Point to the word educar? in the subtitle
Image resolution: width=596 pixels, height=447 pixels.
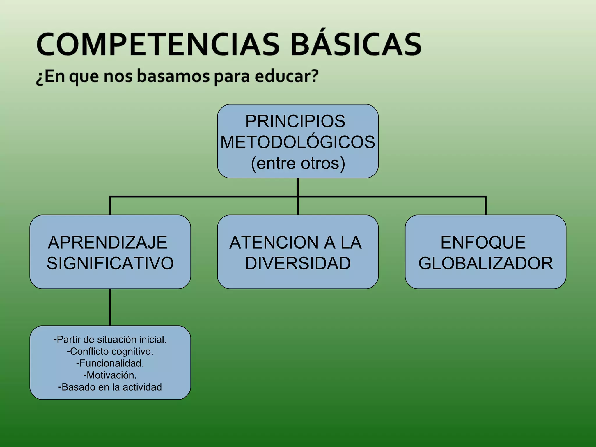[287, 76]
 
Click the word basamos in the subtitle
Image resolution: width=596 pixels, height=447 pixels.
[173, 76]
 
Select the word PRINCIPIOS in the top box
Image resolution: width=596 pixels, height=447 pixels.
[295, 121]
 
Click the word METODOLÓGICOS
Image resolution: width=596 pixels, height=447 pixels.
[298, 142]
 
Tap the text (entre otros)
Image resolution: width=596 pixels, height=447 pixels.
[298, 163]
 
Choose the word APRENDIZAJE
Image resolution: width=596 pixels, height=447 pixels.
[108, 242]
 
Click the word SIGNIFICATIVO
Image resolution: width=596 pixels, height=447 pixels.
[110, 263]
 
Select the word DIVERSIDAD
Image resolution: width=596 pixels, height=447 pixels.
[298, 263]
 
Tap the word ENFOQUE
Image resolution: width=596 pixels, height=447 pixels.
[483, 242]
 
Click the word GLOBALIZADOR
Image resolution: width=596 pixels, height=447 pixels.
[485, 263]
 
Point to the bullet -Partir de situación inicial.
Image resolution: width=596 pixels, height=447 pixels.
[110, 340]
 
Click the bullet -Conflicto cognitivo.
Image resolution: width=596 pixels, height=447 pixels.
[110, 352]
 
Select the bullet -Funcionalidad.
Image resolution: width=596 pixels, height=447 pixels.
[110, 363]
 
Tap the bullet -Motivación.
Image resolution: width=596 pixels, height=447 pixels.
[110, 375]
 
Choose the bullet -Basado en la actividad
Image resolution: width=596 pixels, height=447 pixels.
[110, 387]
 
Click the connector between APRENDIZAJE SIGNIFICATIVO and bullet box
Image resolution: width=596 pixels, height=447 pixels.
[110, 307]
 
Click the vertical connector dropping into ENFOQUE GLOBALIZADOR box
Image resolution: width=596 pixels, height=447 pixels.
[485, 206]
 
